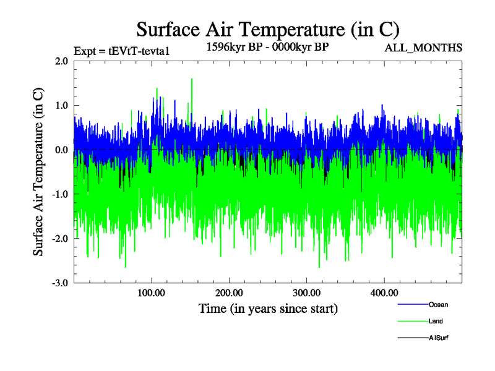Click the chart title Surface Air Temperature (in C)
[267, 29]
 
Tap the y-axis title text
[38, 172]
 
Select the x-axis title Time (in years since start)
[268, 307]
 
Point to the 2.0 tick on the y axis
[61, 61]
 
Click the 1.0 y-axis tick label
[61, 106]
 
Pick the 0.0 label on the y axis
[61, 150]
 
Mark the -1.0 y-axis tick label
[59, 195]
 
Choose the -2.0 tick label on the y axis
[59, 239]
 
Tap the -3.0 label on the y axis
[59, 283]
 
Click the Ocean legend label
[438, 304]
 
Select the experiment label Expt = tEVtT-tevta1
[121, 51]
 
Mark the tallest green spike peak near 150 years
[192, 79]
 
